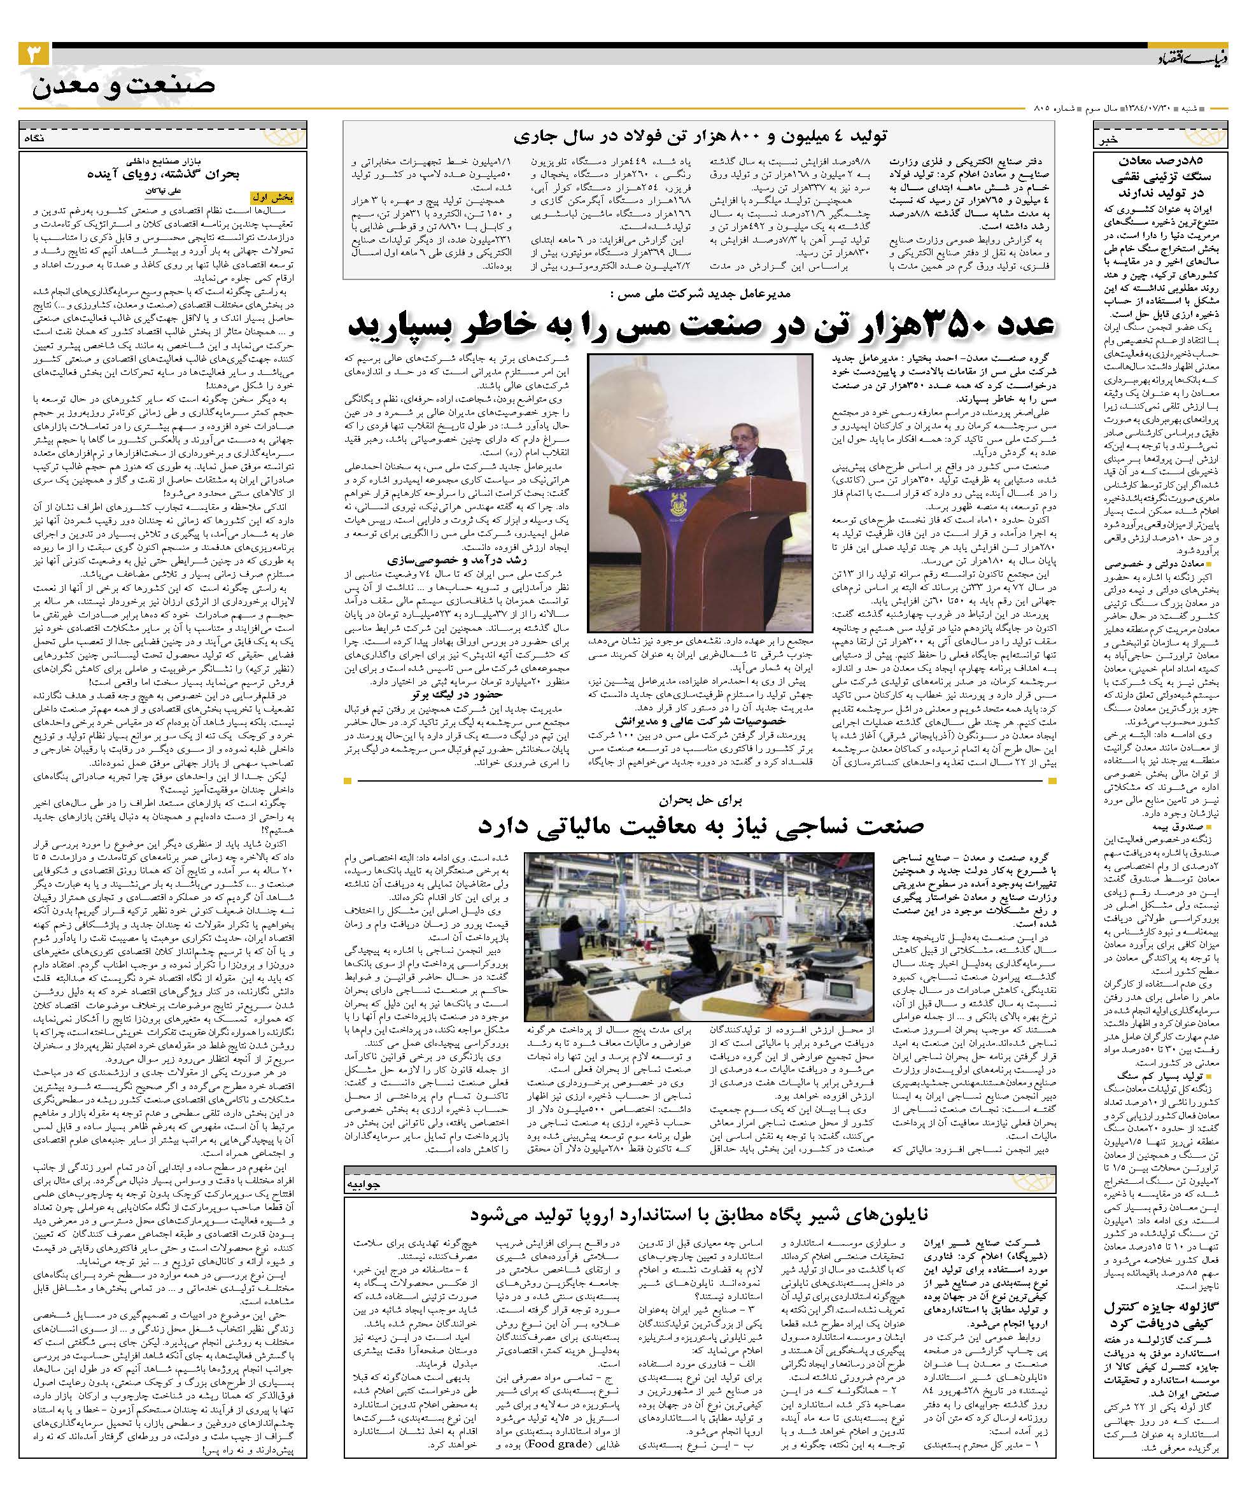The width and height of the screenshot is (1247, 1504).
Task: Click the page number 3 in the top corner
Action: pos(33,55)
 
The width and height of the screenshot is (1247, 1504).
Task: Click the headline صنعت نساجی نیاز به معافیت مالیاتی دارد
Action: pos(700,825)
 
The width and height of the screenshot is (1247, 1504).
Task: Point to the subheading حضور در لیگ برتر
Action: pos(456,694)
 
